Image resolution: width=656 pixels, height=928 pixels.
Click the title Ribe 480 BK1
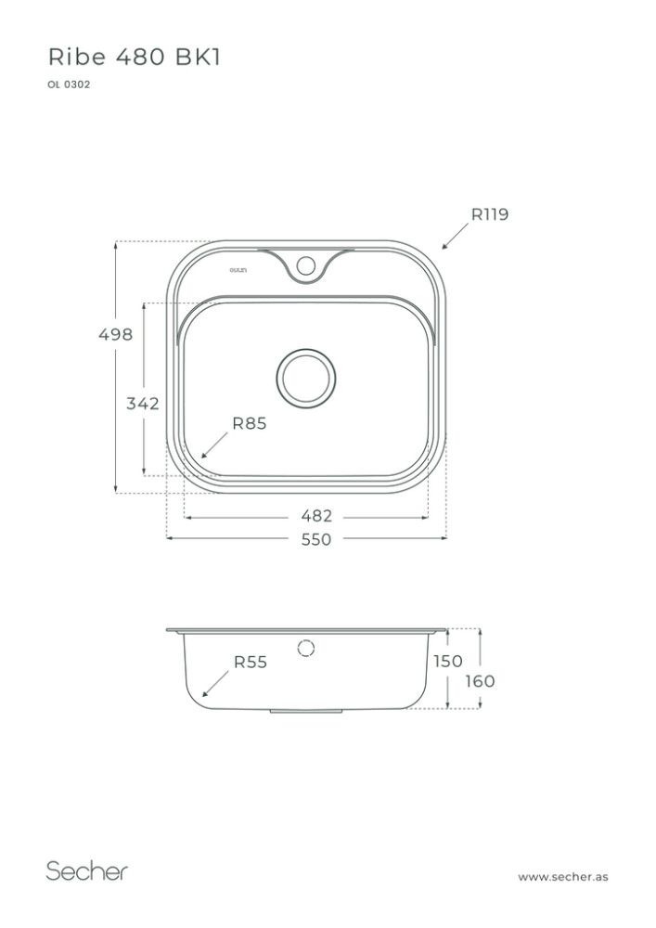pyautogui.click(x=134, y=58)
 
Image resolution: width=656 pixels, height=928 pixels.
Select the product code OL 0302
pyautogui.click(x=68, y=84)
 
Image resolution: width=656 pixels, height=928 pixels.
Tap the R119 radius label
pyautogui.click(x=489, y=214)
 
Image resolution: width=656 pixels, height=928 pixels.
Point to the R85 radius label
pyautogui.click(x=249, y=423)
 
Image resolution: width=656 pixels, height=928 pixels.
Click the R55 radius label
pyautogui.click(x=250, y=662)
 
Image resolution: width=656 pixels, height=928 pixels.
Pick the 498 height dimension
pyautogui.click(x=116, y=335)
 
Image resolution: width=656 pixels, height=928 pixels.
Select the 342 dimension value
pyautogui.click(x=143, y=404)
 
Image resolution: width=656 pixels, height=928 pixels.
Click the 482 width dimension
pyautogui.click(x=315, y=516)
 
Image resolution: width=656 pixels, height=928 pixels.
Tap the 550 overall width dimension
pyautogui.click(x=315, y=539)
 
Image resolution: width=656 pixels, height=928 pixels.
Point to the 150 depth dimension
pyautogui.click(x=447, y=661)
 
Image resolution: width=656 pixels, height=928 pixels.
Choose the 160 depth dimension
pyautogui.click(x=480, y=681)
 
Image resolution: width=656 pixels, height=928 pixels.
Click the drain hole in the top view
pyautogui.click(x=306, y=379)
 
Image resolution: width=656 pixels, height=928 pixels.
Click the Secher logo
pyautogui.click(x=87, y=871)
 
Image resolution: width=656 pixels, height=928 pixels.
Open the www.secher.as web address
pyautogui.click(x=563, y=876)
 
